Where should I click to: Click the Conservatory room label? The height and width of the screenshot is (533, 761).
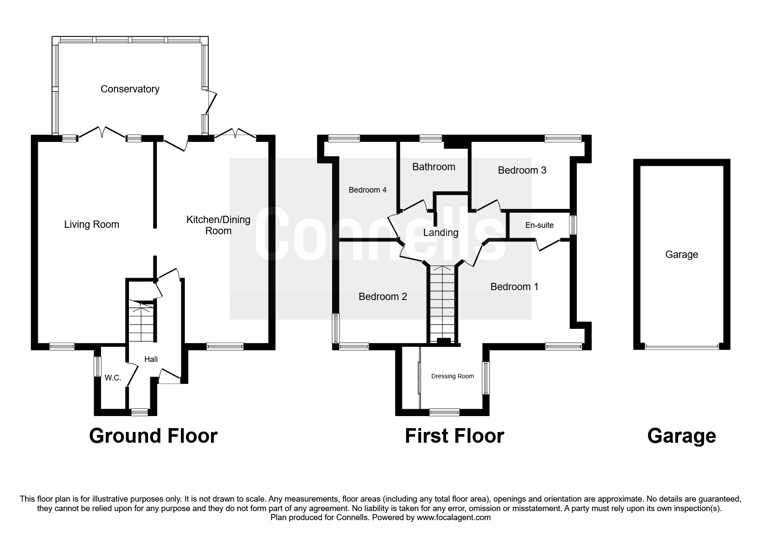(x=130, y=89)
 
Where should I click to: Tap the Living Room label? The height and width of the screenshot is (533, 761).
(x=92, y=224)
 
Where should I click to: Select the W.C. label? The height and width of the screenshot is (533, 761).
(x=113, y=378)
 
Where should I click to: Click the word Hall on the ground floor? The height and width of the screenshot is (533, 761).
(x=151, y=359)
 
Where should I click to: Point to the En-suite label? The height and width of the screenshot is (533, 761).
(x=539, y=225)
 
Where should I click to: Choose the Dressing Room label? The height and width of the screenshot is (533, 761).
(x=452, y=376)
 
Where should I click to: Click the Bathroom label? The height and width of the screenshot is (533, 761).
(x=434, y=167)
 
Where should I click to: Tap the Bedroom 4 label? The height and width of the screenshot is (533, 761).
(x=367, y=190)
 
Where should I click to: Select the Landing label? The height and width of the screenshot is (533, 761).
(x=440, y=233)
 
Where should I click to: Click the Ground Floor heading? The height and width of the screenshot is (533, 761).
(x=153, y=436)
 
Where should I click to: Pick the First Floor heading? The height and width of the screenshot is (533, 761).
(x=454, y=436)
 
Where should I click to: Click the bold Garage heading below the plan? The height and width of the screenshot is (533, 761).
(x=681, y=436)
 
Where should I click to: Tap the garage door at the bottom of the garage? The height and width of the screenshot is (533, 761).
(x=682, y=347)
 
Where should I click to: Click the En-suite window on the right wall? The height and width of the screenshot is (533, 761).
(x=573, y=225)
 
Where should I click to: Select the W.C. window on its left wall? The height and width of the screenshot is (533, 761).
(x=98, y=367)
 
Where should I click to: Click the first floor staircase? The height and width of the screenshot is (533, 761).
(x=442, y=303)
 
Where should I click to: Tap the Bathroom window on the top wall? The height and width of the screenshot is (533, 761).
(x=430, y=138)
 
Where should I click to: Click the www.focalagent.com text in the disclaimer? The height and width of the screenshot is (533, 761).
(x=453, y=518)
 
